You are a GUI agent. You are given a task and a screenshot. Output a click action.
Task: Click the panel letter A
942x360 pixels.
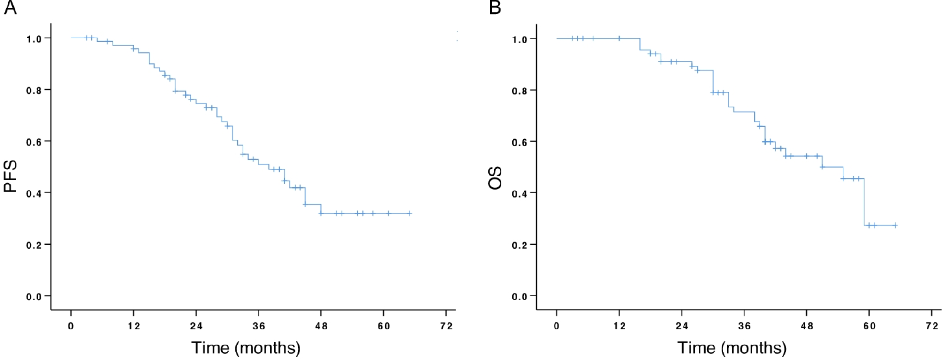coord(10,8)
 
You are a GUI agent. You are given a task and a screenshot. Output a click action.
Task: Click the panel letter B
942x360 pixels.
coord(495,8)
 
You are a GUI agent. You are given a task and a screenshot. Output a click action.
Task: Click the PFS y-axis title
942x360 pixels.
coord(10,176)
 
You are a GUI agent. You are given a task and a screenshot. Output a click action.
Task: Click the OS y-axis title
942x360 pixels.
coord(495,178)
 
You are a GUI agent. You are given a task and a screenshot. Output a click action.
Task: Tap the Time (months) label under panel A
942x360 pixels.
coord(246,348)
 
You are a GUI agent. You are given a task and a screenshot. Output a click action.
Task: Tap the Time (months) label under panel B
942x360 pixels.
coord(732,348)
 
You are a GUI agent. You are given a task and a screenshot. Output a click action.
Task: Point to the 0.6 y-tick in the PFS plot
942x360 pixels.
coord(34,142)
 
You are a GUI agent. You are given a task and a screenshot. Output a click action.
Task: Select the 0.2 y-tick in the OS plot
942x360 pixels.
coord(520,245)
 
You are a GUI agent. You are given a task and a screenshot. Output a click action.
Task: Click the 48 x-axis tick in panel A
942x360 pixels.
coord(321,326)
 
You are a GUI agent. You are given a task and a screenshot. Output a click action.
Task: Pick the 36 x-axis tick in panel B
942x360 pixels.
coord(744,326)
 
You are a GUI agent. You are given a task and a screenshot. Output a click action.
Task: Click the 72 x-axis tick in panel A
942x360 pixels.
coord(446,326)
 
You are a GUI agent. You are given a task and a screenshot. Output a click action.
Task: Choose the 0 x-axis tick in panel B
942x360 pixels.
coord(556,326)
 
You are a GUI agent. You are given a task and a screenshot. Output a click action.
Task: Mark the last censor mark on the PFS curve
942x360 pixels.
coord(410,214)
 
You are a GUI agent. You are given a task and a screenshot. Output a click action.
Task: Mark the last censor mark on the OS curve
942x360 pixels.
coord(895,226)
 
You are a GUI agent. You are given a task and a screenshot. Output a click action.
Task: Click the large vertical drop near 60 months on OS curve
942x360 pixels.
coord(864,202)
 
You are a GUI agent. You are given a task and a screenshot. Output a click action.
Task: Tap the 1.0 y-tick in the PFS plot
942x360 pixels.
coord(34,39)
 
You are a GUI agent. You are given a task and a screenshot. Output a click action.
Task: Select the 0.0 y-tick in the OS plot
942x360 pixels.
coord(520,297)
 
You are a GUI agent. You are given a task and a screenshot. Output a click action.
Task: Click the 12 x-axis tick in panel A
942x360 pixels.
coord(134,326)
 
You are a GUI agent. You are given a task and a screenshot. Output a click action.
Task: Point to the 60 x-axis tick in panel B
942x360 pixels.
coord(869,326)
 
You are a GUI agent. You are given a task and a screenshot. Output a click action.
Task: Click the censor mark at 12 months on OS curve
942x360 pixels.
coord(619,38)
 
